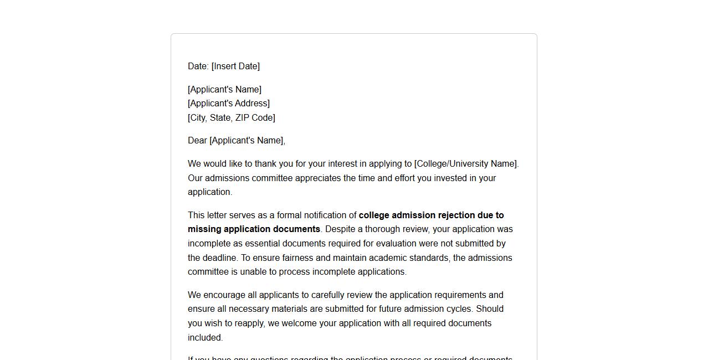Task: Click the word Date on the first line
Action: (x=197, y=66)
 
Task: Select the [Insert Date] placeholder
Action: (x=235, y=66)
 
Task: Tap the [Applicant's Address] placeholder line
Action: (x=229, y=104)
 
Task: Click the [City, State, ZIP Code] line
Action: (x=232, y=118)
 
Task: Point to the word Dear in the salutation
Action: (x=197, y=141)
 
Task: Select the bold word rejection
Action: (x=456, y=215)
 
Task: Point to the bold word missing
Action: (x=204, y=229)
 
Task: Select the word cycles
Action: (x=458, y=309)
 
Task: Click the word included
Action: (x=205, y=338)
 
